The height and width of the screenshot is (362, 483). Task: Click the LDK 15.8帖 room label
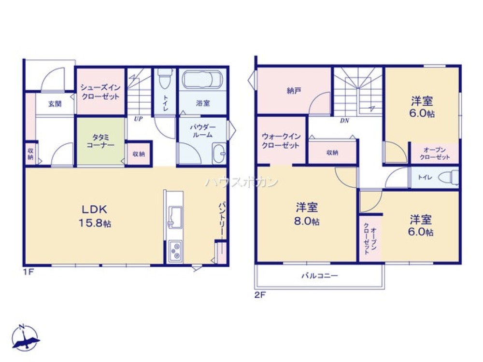coord(95,216)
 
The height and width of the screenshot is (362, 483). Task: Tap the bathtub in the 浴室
coord(202,80)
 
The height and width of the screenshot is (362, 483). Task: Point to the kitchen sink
coord(175,217)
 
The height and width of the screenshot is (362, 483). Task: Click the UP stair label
coord(138,119)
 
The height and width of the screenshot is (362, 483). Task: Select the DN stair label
coord(344,121)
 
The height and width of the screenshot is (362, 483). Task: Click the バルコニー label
coord(319,276)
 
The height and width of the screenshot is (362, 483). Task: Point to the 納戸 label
coord(294,91)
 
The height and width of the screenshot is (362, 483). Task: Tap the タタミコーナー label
coord(100,141)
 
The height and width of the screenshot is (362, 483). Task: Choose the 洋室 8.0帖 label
coord(307,214)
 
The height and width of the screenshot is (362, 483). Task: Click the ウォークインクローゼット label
coord(281,140)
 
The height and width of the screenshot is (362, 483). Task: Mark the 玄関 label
coord(55,104)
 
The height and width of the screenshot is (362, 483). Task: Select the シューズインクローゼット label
coord(100,92)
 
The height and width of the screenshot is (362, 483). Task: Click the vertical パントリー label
coord(222,219)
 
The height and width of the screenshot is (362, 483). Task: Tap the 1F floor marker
coord(28,272)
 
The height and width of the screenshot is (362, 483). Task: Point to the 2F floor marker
coord(260,295)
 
